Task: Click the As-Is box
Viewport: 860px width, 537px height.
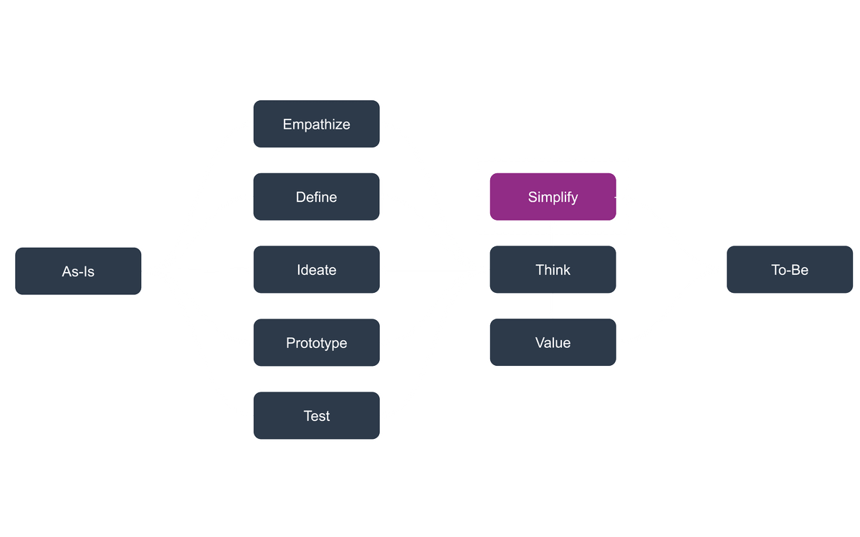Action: (x=77, y=271)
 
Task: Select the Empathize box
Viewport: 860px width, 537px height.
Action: (x=316, y=124)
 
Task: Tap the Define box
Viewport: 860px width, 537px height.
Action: (x=316, y=197)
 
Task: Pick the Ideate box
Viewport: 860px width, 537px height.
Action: (x=316, y=270)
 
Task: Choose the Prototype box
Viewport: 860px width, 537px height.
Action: (x=316, y=343)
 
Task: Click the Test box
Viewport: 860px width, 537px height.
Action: (x=316, y=416)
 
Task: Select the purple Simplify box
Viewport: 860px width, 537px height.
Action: (x=553, y=197)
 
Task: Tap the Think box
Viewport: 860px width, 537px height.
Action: (x=553, y=270)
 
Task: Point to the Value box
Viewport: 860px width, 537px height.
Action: (x=553, y=343)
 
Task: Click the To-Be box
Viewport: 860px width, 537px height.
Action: (x=790, y=270)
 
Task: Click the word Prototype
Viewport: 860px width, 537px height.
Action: (x=316, y=343)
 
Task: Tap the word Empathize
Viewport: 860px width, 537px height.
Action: (x=316, y=124)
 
